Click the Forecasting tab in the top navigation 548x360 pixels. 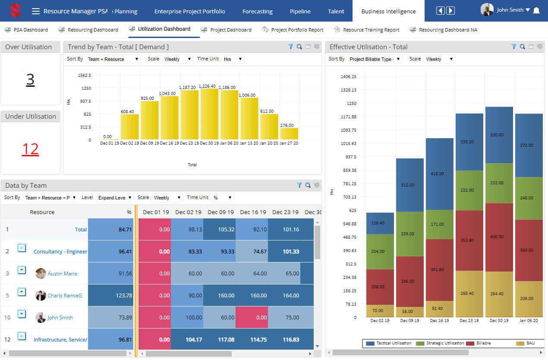257,11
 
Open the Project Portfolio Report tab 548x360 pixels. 297,30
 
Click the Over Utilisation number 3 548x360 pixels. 30,79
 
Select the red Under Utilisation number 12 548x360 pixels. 30,149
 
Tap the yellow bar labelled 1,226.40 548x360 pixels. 209,114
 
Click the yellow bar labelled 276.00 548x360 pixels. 289,134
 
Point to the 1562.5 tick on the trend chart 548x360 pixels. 84,75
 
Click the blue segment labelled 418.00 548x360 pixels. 440,174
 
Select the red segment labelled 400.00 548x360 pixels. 499,237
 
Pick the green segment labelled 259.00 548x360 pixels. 410,234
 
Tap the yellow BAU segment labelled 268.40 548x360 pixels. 469,294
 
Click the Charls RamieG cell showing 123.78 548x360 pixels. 110,295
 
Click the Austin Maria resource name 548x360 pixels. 63,273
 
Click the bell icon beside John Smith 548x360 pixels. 536,10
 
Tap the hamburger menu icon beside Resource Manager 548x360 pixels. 36,11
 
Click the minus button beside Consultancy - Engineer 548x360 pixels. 22,248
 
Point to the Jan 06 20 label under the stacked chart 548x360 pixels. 529,321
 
